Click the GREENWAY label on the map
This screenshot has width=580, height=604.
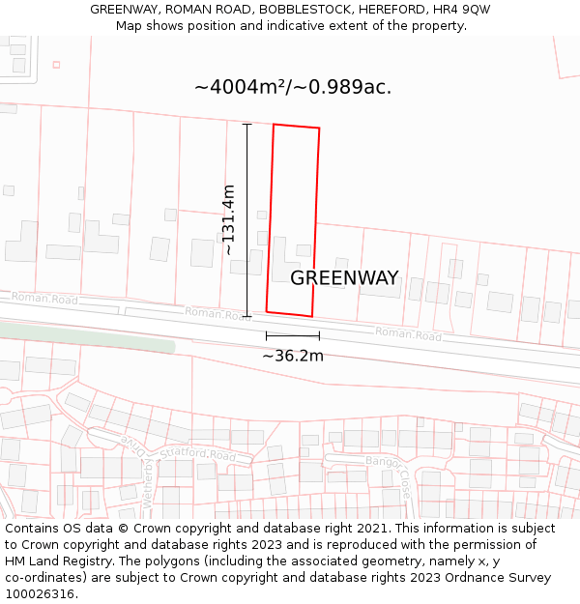344,278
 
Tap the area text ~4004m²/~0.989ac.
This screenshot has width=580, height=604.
293,87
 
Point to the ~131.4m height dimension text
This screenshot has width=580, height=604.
229,219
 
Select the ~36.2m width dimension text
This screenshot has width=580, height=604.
293,356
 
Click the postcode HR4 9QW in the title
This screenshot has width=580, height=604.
463,9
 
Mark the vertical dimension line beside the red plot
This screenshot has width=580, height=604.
247,220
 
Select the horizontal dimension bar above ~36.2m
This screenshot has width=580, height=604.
293,336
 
